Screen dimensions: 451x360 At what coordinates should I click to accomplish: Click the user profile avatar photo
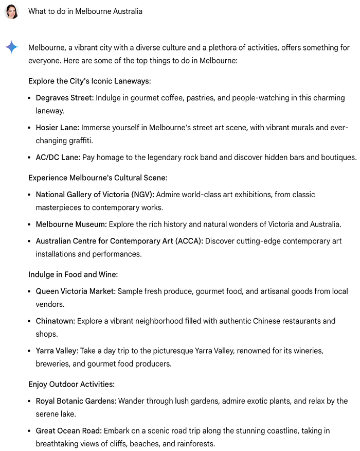coord(11,11)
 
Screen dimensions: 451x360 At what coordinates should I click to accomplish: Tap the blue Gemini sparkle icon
coord(11,47)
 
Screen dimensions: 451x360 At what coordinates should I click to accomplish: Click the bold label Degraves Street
coord(65,98)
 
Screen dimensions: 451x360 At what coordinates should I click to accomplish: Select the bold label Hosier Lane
coord(57,128)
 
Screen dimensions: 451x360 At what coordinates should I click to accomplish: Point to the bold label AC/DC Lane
coord(57,157)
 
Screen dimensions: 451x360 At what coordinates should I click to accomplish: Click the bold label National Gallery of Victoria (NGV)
coord(95,195)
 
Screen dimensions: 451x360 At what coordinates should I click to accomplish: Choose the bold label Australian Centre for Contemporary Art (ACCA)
coord(119,241)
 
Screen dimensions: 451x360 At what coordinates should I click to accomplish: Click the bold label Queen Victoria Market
coord(76,291)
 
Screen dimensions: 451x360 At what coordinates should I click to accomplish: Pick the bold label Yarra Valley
coord(57,351)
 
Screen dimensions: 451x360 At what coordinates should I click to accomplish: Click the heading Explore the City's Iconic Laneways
coord(89,81)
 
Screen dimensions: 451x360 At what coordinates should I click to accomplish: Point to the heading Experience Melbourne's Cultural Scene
coord(98,178)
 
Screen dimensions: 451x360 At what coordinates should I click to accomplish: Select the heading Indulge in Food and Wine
coord(73,275)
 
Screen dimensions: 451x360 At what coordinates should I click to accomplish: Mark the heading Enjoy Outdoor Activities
coord(71,385)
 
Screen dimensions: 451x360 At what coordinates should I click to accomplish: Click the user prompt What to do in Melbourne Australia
coord(85,11)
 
